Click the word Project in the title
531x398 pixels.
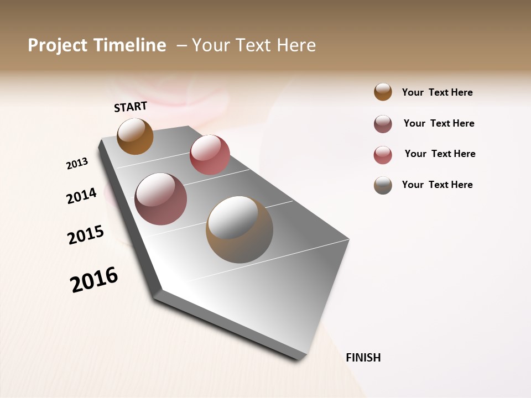pyautogui.click(x=58, y=45)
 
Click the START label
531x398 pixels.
pyautogui.click(x=131, y=107)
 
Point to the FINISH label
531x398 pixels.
pyautogui.click(x=363, y=358)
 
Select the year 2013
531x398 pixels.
pyautogui.click(x=77, y=164)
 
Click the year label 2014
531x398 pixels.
pyautogui.click(x=81, y=196)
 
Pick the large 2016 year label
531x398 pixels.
pyautogui.click(x=94, y=279)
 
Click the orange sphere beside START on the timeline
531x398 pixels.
pyautogui.click(x=135, y=136)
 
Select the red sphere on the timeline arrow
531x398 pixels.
pyautogui.click(x=210, y=155)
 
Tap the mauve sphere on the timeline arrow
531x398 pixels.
pyautogui.click(x=161, y=199)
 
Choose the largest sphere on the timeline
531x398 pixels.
pyautogui.click(x=239, y=229)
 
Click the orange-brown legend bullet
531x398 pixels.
pyautogui.click(x=383, y=92)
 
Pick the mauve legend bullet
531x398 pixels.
pyautogui.click(x=383, y=124)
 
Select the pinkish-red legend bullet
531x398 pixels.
pyautogui.click(x=383, y=155)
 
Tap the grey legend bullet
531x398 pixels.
pyautogui.click(x=383, y=185)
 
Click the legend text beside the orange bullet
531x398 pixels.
pyautogui.click(x=437, y=92)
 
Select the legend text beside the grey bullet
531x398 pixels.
pyautogui.click(x=437, y=185)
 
